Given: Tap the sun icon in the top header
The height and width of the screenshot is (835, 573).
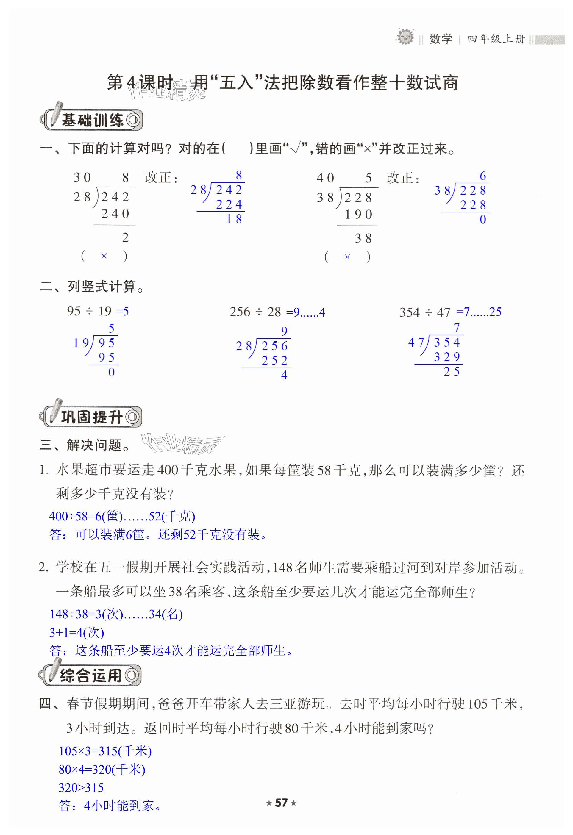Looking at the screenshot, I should coord(405,37).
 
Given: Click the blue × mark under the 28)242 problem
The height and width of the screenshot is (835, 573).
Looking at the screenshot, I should coord(104,256).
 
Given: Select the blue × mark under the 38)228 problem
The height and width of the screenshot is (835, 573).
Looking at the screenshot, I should coord(347,257).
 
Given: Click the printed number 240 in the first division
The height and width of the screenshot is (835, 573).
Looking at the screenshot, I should coord(115,214).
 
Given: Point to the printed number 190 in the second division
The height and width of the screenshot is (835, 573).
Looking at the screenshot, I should coord(358,215).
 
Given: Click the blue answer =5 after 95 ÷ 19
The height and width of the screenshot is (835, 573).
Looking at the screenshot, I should coord(122,311).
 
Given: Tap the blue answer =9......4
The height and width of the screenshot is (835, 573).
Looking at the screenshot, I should coord(306,312).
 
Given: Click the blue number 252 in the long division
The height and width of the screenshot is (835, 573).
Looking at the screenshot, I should coord(275,360).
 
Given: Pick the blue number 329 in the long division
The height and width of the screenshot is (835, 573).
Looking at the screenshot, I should coord(447,357).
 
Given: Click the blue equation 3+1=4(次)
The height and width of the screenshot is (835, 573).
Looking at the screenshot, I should coord(76,632).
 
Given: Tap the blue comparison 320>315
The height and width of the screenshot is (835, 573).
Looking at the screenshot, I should coord(81,788).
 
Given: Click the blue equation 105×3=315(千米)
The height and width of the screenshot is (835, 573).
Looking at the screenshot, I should coord(105,751).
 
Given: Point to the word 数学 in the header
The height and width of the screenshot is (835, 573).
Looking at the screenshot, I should coord(441,39).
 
